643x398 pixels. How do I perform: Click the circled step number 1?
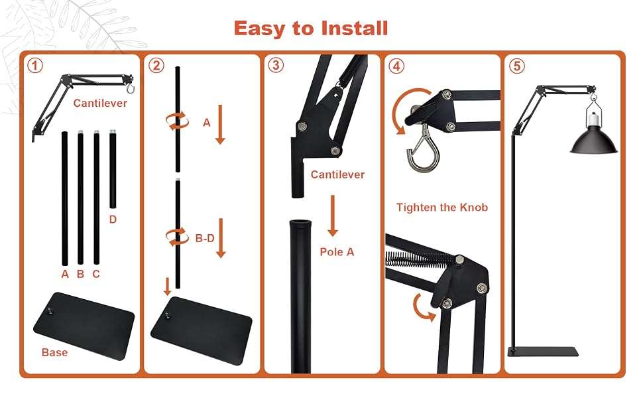click(x=35, y=66)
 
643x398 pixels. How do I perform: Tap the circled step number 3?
click(x=276, y=65)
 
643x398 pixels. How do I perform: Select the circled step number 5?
click(x=516, y=66)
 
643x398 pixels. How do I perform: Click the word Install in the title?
click(x=354, y=29)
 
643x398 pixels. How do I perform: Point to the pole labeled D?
click(x=113, y=169)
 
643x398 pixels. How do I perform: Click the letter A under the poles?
click(x=65, y=274)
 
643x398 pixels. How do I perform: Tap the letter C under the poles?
click(x=96, y=274)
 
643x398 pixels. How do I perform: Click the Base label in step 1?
click(x=54, y=352)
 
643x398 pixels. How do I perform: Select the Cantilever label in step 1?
click(x=100, y=103)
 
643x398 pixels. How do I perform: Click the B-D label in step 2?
click(x=205, y=238)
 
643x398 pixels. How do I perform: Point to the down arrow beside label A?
click(x=220, y=124)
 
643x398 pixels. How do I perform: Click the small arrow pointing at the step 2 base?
click(x=167, y=287)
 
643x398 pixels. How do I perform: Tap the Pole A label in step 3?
click(x=337, y=252)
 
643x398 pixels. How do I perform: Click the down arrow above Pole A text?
click(x=333, y=216)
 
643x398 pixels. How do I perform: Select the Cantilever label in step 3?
click(x=337, y=175)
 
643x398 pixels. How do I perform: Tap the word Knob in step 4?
click(x=474, y=207)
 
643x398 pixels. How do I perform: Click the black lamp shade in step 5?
click(x=593, y=139)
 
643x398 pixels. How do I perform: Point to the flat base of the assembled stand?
click(x=544, y=352)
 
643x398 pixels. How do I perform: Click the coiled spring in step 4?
click(x=419, y=259)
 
